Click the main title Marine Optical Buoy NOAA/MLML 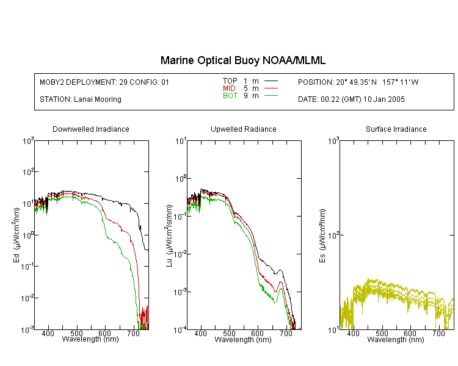tap(242, 61)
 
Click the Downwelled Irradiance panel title tap(91, 129)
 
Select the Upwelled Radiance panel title tap(244, 129)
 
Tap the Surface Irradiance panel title tap(396, 129)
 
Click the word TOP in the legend tap(230, 81)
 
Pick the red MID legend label tap(229, 88)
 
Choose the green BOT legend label tap(230, 96)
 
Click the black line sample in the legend tap(271, 81)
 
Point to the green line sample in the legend tap(271, 95)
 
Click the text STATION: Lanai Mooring tap(81, 99)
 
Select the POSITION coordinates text tap(358, 82)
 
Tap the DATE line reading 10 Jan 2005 tap(351, 99)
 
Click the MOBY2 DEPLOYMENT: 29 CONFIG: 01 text tap(104, 82)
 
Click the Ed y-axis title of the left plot tap(16, 235)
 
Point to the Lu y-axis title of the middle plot tap(169, 235)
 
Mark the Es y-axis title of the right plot tap(322, 235)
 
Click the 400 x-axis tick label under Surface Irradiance tap(353, 333)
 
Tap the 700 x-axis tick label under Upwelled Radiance tap(286, 333)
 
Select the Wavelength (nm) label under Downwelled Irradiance tap(90, 339)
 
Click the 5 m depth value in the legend tap(251, 88)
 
